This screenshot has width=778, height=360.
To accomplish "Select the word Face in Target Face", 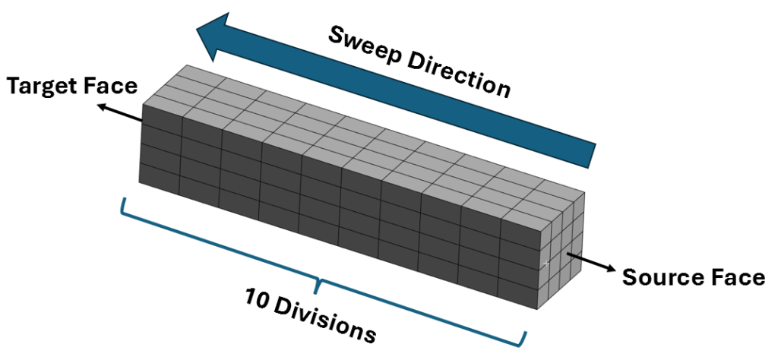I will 114,87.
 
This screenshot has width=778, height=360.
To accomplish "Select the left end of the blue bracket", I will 122,200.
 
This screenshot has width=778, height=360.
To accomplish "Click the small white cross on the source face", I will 546,264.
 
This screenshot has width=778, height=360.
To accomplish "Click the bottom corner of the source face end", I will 541,309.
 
